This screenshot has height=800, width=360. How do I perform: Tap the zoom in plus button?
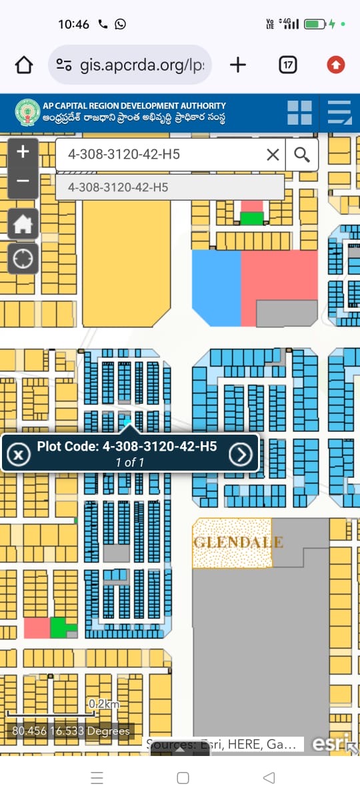tap(23, 152)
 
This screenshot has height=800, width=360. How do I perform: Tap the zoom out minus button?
tap(23, 181)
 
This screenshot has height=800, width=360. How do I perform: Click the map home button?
tap(23, 224)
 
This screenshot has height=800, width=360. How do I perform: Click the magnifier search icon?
tap(302, 155)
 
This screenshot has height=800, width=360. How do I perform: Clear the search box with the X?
tap(273, 155)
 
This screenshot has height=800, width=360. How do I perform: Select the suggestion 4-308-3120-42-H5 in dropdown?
tap(118, 187)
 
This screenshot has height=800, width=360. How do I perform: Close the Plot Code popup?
tap(19, 455)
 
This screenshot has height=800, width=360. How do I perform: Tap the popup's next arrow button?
tap(241, 454)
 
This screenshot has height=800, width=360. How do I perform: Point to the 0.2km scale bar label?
tap(104, 704)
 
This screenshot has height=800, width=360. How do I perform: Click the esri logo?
tap(331, 743)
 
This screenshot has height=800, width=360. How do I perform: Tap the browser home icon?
tap(24, 65)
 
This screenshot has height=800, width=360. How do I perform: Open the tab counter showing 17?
tap(288, 65)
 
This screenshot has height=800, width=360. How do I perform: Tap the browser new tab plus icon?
tap(237, 65)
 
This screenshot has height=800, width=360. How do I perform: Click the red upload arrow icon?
tap(336, 65)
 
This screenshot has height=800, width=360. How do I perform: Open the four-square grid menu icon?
tap(299, 113)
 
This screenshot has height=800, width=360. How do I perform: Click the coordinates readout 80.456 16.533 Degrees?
tap(71, 731)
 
